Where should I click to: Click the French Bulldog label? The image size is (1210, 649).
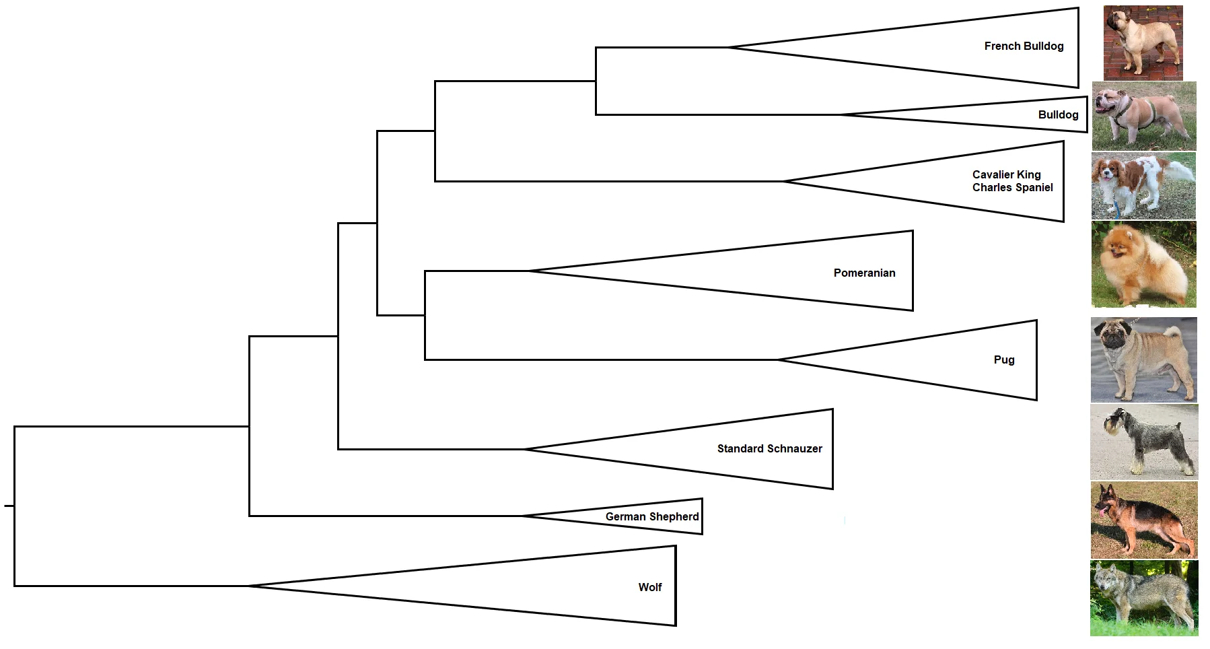coord(1024,46)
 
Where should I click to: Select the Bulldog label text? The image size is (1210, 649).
coord(1058,114)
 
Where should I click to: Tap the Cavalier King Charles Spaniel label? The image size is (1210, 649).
coord(1012,181)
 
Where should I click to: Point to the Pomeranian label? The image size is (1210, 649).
coord(864,273)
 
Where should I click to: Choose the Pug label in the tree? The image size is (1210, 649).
coord(1003,360)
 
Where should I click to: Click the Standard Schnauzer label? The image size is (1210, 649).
coord(769,448)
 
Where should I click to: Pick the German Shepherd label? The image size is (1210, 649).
coord(651,516)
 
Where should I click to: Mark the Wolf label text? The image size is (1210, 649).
coord(649,587)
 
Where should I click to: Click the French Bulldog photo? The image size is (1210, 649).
coord(1143,43)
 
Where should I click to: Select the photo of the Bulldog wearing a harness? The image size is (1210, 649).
coord(1143,116)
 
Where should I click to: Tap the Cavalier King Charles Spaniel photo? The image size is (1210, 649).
coord(1143,185)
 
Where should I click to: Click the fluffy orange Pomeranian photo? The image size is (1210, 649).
coord(1143,264)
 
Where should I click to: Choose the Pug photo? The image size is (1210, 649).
coord(1143,360)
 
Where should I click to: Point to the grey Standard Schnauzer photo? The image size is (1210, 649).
coord(1143,442)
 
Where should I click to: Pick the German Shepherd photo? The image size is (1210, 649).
coord(1143,520)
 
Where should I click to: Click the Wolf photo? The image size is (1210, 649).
coord(1143,598)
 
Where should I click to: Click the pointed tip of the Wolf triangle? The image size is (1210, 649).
coord(248,586)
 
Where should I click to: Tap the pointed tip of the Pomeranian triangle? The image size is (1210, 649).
coord(529,271)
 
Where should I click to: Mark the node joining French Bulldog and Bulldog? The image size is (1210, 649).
coord(596,81)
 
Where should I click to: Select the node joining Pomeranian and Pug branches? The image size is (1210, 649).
coord(425,315)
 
